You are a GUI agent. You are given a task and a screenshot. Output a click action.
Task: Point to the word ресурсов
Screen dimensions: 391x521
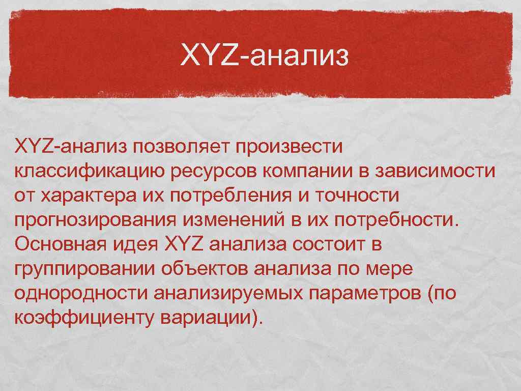[x=214, y=172]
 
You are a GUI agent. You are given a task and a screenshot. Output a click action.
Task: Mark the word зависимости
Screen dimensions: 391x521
[x=436, y=172]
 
